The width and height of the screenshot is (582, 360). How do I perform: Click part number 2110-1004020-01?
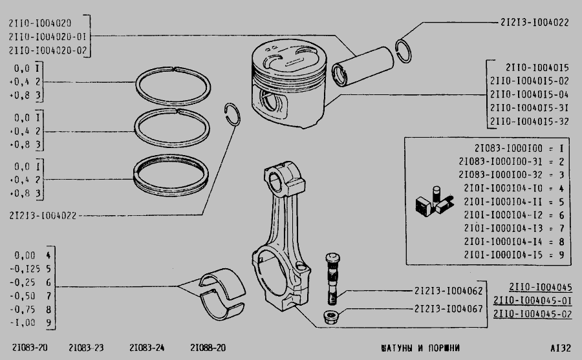point(47,37)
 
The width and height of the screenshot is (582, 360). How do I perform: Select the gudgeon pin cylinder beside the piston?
point(363,67)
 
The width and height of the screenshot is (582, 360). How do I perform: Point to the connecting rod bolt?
point(332,279)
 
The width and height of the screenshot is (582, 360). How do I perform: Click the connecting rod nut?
point(331,317)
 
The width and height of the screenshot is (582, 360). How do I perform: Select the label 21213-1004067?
point(448,309)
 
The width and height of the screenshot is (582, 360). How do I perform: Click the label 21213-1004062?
point(448,291)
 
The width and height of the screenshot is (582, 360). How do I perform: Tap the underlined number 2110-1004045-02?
point(532,314)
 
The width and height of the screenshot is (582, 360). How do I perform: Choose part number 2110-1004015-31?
point(529,108)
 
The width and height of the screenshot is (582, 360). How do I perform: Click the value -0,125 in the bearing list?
point(25,269)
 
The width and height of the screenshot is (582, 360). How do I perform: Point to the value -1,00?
point(23,323)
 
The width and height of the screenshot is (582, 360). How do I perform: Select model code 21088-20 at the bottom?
point(208,348)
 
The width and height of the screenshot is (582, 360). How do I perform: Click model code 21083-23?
point(86,348)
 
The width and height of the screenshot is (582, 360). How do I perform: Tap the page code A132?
point(561,348)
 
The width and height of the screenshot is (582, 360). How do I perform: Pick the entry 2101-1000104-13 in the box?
point(503,228)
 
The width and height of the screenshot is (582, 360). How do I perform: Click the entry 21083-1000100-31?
point(501,162)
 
